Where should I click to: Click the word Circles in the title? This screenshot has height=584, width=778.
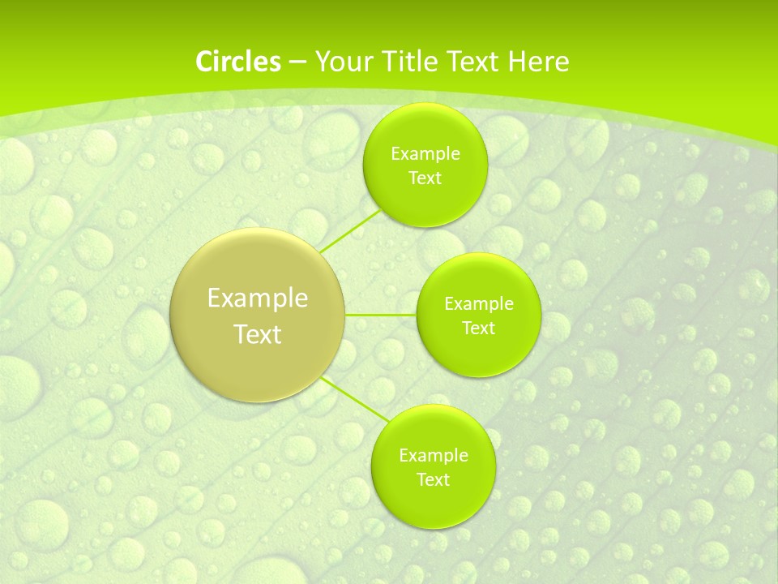(238, 62)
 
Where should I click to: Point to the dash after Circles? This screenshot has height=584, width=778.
(297, 62)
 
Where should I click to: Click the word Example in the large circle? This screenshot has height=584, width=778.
(258, 298)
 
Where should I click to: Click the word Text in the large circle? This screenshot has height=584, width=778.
(258, 334)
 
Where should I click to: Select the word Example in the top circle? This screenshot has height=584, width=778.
(425, 153)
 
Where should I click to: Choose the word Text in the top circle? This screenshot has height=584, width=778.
(425, 178)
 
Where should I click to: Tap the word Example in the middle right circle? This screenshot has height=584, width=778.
(478, 304)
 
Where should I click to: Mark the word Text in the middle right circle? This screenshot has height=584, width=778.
(478, 328)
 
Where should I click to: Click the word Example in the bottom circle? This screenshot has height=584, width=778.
(433, 455)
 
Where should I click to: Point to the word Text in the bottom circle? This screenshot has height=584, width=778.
(433, 479)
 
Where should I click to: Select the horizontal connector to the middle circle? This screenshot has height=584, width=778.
(380, 315)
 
